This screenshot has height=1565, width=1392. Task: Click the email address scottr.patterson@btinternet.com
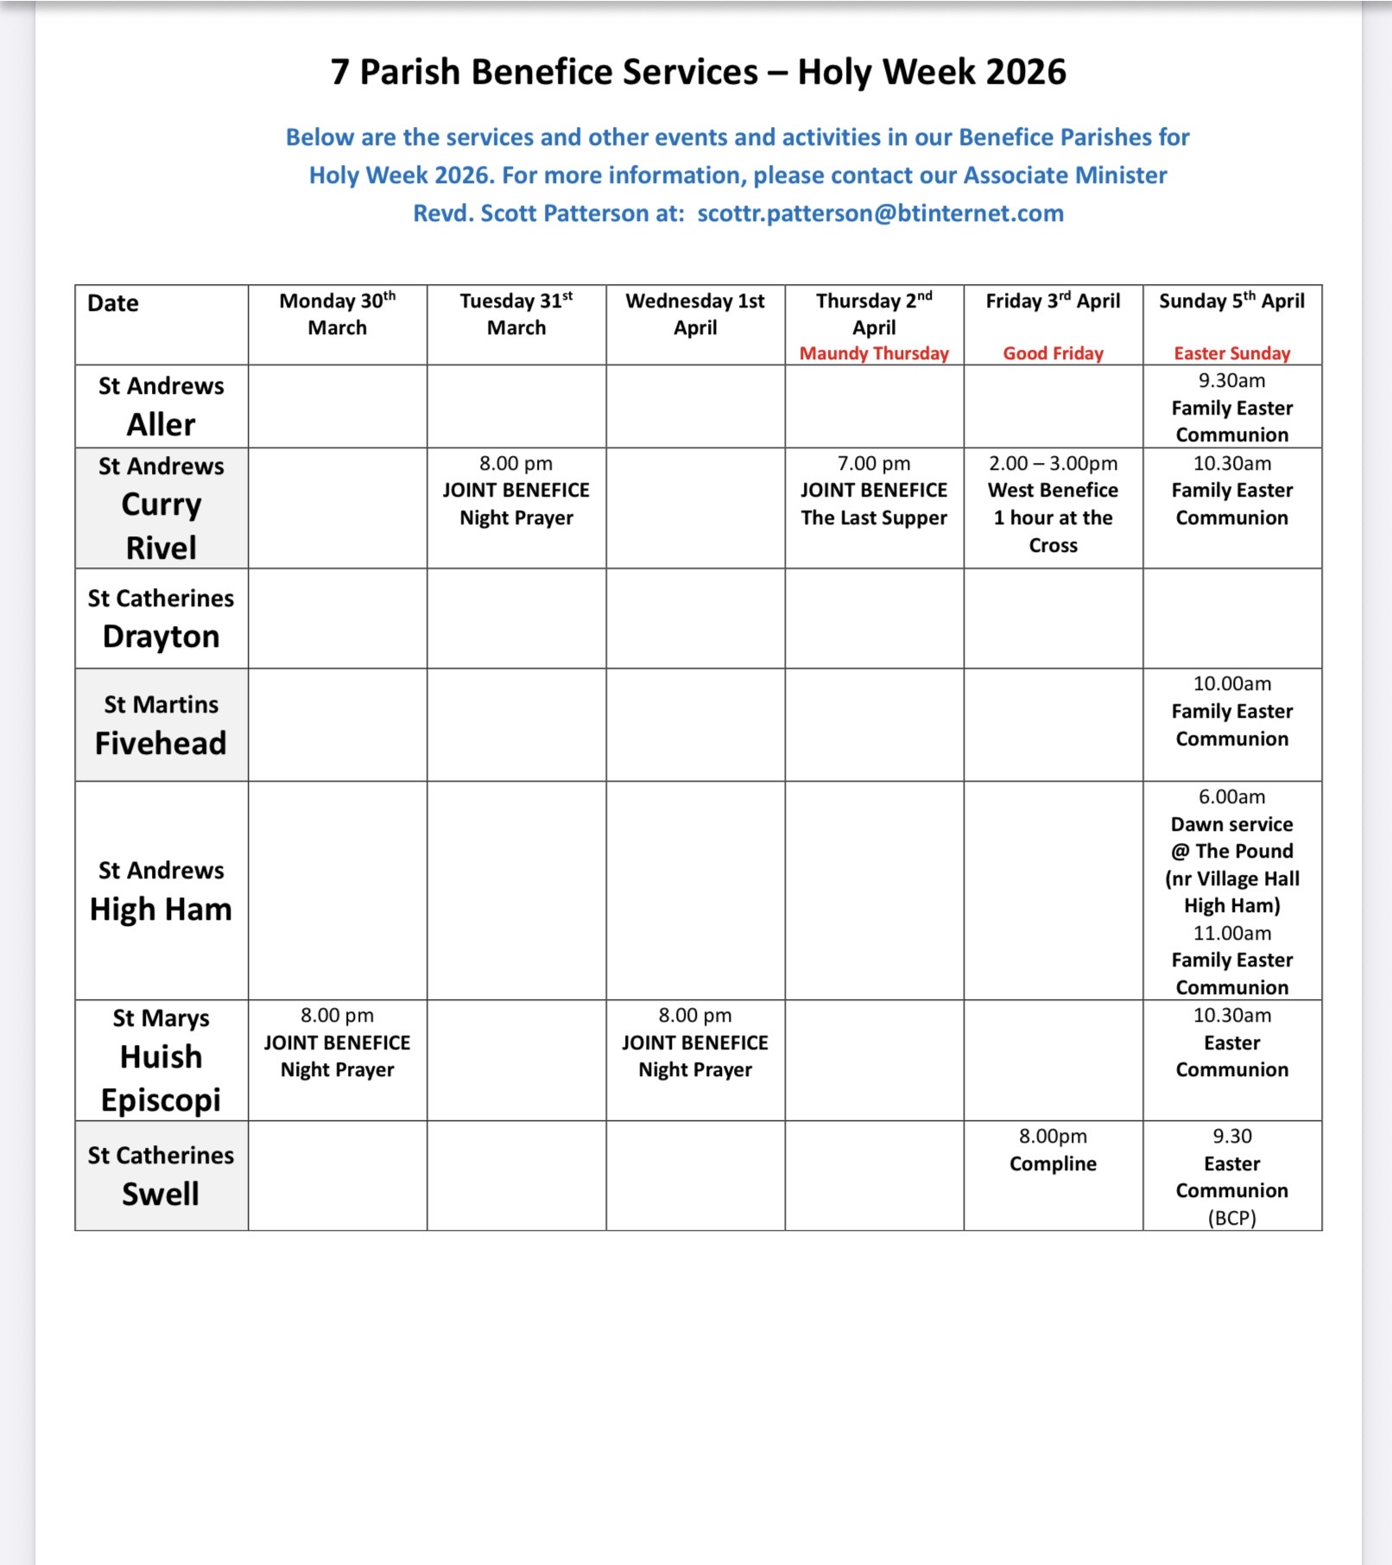point(880,213)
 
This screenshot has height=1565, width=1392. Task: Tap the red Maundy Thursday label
point(874,353)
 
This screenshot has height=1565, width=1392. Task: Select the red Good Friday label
point(1053,353)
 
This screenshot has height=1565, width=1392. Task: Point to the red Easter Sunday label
point(1231,353)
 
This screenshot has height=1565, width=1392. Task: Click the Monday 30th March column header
point(337,314)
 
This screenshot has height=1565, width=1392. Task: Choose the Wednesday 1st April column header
point(695,314)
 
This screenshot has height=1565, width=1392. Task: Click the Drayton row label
point(161,637)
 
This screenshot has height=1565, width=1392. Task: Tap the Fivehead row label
point(161,743)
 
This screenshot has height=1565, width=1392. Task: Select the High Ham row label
point(161,909)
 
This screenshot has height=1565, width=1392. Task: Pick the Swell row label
point(161,1194)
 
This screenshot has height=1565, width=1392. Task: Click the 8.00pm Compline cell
point(1053,1150)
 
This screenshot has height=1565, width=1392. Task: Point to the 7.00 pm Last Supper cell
point(874,491)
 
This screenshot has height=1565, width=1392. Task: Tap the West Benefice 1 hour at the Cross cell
point(1053,504)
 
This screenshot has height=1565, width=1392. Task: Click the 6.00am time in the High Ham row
point(1231,796)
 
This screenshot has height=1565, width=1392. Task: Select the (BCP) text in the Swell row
point(1231,1218)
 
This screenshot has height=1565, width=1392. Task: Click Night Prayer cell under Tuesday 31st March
point(516,491)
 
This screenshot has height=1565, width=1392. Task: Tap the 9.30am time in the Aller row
point(1231,381)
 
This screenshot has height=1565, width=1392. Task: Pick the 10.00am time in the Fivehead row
point(1231,684)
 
